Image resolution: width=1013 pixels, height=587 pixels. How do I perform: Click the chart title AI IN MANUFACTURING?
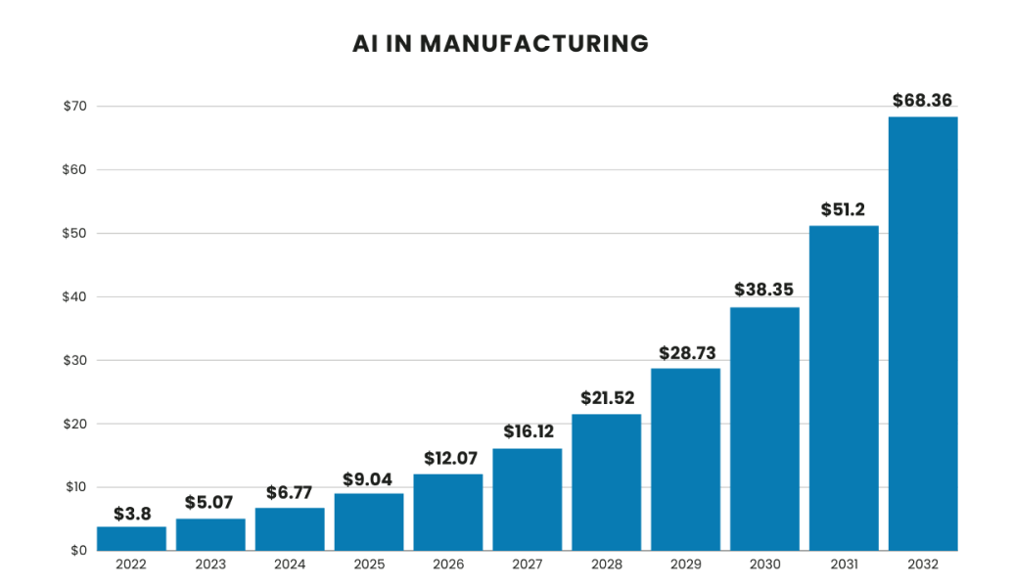click(x=500, y=44)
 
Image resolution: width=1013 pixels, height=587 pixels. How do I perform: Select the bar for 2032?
click(x=922, y=334)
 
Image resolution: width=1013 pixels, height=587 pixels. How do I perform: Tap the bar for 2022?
click(x=131, y=538)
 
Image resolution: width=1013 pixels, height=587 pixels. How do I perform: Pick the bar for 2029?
click(x=685, y=459)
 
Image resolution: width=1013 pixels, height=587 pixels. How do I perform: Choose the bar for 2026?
click(x=448, y=512)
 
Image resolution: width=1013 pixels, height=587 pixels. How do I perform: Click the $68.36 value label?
click(x=922, y=100)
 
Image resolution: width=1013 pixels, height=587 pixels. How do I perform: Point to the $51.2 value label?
click(x=843, y=209)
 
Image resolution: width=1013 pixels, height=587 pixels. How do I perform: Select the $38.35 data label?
click(x=764, y=291)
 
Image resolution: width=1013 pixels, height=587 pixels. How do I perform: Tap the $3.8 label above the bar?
click(x=131, y=512)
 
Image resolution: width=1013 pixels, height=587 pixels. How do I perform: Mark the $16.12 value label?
click(x=528, y=431)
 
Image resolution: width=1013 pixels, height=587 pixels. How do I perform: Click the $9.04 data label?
click(x=369, y=479)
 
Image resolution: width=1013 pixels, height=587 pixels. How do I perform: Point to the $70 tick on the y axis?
click(x=74, y=106)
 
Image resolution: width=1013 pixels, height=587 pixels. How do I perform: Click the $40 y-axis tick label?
click(x=74, y=296)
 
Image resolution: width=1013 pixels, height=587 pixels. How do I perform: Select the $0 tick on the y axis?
click(x=77, y=551)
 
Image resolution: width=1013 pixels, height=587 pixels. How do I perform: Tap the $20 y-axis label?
click(x=74, y=424)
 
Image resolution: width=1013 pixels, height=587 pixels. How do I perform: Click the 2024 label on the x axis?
click(x=290, y=564)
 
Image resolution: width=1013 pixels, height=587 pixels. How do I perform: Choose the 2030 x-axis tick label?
click(x=764, y=564)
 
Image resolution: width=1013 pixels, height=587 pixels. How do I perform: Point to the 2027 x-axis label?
click(x=528, y=564)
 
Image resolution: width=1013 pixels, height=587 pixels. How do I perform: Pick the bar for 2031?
click(x=843, y=388)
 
